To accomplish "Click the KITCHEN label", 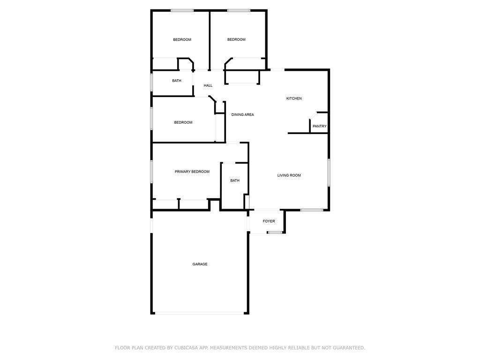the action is [x=294, y=98].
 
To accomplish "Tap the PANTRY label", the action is [x=320, y=126].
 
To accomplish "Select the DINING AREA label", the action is [x=242, y=114].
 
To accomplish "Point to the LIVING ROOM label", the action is [x=289, y=175].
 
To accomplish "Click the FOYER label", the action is [x=269, y=221].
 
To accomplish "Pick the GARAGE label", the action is [x=200, y=264].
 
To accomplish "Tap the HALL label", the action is [x=208, y=85].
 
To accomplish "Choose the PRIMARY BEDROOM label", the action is [x=192, y=172].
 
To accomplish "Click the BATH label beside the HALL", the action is [x=177, y=81].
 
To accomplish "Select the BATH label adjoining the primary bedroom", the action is [x=235, y=180].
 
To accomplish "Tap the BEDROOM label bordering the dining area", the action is [x=183, y=122].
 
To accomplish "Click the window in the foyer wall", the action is [x=275, y=232].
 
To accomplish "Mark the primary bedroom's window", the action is [x=151, y=172].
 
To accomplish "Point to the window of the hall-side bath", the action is [x=151, y=82].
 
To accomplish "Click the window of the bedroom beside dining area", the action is [x=151, y=118].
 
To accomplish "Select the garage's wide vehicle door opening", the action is [x=200, y=313].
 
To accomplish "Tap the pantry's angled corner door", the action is [x=313, y=115].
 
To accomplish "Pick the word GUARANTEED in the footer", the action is [x=349, y=348].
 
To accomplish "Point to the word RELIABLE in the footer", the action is [x=300, y=348].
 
